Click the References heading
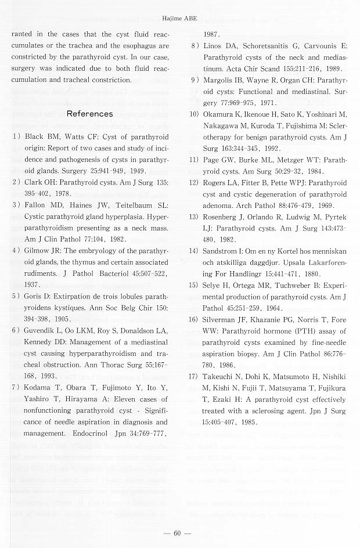pyautogui.click(x=90, y=114)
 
